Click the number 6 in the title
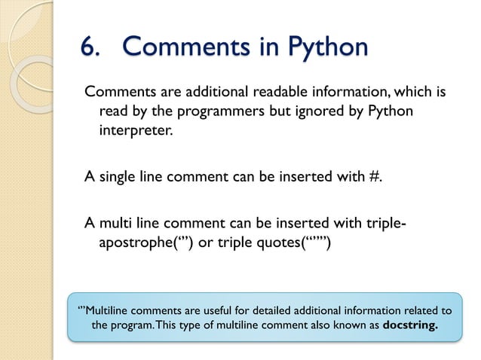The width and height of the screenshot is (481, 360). (x=88, y=47)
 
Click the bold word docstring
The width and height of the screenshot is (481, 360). (x=411, y=325)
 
